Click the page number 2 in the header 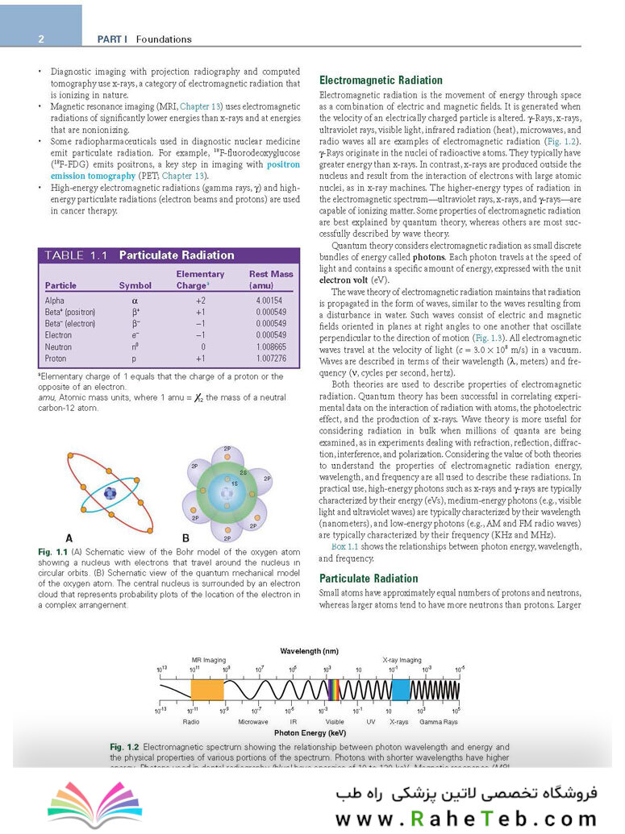[40, 39]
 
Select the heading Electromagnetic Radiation [381, 80]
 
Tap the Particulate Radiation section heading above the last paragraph [369, 578]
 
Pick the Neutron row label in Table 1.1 [59, 346]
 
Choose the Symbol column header [135, 285]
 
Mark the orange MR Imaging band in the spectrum [206, 689]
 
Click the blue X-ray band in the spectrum [401, 689]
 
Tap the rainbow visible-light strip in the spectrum [333, 689]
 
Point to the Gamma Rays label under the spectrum [438, 721]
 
